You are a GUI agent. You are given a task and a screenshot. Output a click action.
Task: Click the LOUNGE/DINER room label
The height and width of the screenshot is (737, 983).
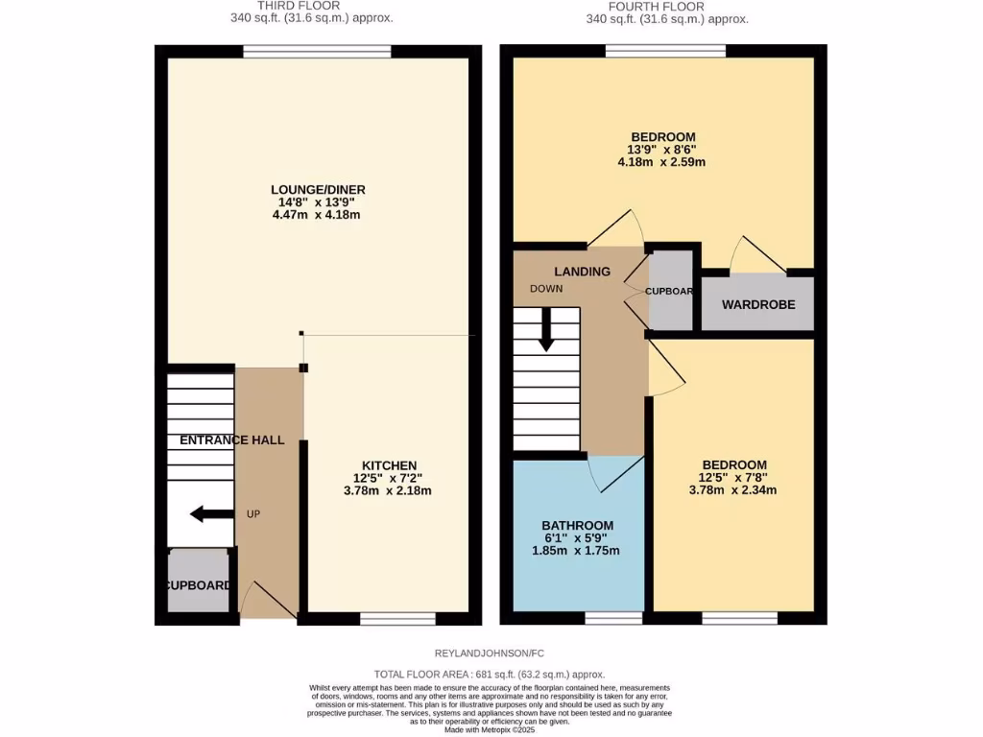[317, 189]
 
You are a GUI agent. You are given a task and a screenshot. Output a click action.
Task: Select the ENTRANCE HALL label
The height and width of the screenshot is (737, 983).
[232, 440]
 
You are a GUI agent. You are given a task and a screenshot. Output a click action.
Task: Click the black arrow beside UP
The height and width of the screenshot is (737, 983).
[211, 514]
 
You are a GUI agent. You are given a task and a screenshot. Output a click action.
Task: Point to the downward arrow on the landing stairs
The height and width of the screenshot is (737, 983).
[546, 329]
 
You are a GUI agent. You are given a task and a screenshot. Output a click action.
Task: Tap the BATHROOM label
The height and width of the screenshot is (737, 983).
[577, 525]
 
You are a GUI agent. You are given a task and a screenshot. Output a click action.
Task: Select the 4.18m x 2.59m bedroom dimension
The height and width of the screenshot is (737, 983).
[661, 162]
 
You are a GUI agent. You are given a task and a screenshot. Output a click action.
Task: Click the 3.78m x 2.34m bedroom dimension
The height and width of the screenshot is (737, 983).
[732, 490]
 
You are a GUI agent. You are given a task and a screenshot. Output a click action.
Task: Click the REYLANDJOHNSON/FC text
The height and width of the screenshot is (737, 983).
[491, 654]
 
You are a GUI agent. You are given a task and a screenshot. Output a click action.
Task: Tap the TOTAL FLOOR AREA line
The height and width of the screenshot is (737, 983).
[491, 675]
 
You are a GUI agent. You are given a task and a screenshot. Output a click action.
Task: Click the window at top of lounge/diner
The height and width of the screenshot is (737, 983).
[317, 51]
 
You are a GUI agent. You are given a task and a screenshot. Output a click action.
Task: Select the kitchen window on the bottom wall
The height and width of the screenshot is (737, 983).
[397, 619]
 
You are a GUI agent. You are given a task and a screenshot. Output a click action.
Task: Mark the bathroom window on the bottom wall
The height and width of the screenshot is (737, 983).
[608, 619]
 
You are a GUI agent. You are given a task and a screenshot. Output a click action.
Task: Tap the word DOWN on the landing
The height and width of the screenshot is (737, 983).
[545, 289]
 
